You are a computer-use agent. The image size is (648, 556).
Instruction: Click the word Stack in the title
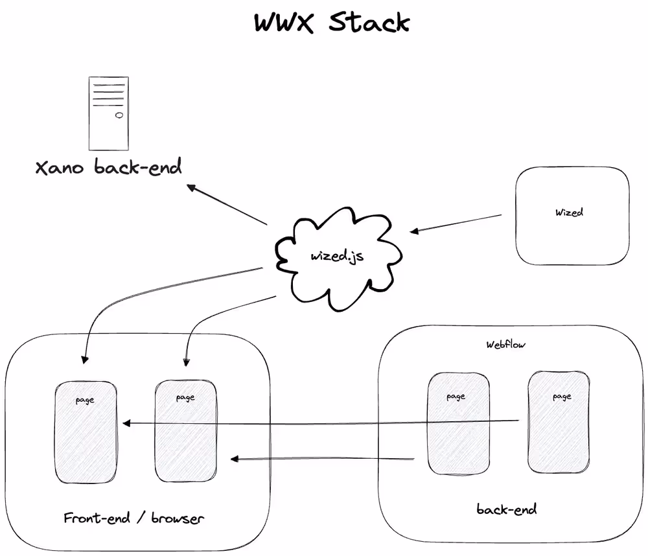pyautogui.click(x=369, y=22)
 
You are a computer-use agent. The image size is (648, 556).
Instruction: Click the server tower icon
pyautogui.click(x=108, y=113)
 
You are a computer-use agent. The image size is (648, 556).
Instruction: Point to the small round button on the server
pyautogui.click(x=119, y=116)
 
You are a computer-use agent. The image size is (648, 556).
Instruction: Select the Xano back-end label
pyautogui.click(x=108, y=168)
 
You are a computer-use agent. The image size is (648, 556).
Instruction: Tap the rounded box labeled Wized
pyautogui.click(x=572, y=216)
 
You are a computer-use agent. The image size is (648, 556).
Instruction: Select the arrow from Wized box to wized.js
pyautogui.click(x=457, y=223)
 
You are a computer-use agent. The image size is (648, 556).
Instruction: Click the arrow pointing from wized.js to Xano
pyautogui.click(x=227, y=205)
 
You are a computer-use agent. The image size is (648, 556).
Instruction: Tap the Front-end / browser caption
pyautogui.click(x=133, y=518)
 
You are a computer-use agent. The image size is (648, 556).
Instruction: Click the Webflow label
pyautogui.click(x=506, y=345)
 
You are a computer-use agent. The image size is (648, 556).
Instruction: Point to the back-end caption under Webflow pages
pyautogui.click(x=506, y=509)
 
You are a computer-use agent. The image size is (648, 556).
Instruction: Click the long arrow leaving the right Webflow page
pyautogui.click(x=324, y=423)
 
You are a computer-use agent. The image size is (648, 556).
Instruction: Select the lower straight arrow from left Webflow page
pyautogui.click(x=324, y=459)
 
